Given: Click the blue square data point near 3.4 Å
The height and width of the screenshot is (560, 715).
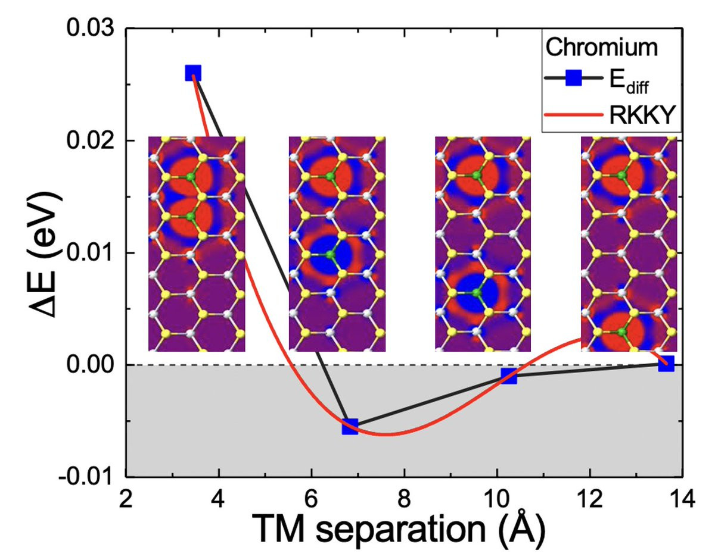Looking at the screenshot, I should [x=192, y=73].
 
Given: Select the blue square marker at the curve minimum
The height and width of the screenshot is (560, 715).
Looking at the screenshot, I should [x=350, y=426].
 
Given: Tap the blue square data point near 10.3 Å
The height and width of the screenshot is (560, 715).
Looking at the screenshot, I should [x=509, y=376].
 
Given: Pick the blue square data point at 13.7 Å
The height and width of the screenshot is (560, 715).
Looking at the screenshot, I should [x=666, y=364].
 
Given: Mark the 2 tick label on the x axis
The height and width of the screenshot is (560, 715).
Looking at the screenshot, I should [x=126, y=498].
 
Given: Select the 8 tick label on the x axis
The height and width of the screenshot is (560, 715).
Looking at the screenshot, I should [x=405, y=498].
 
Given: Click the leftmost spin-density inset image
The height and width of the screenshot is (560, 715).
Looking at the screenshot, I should [x=197, y=243].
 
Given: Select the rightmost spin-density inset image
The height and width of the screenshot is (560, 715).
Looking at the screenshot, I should [x=629, y=243].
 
